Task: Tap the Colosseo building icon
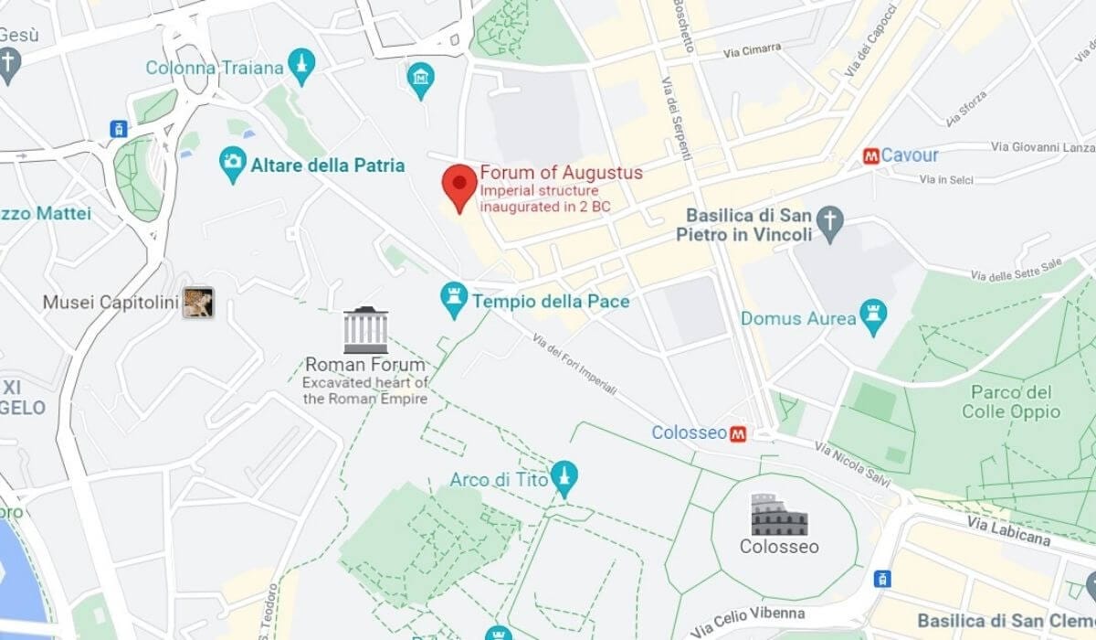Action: click(779, 515)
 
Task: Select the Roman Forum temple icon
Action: click(365, 330)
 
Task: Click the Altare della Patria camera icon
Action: click(234, 164)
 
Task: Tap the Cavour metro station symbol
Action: click(871, 156)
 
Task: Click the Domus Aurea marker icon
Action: click(873, 317)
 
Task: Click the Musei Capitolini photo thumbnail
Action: click(198, 303)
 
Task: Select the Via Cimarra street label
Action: click(752, 49)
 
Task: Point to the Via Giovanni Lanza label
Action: click(1041, 146)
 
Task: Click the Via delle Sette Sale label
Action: click(1017, 269)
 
